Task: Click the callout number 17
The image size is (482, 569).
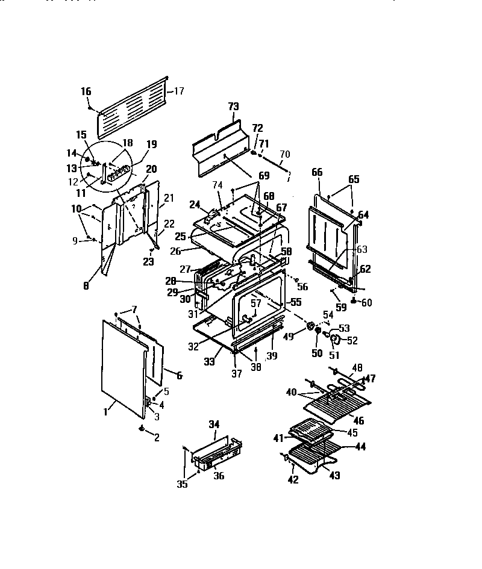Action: pyautogui.click(x=179, y=92)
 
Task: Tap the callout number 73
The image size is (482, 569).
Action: pyautogui.click(x=233, y=107)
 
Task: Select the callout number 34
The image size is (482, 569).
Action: pyautogui.click(x=213, y=425)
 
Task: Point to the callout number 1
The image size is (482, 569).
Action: pyautogui.click(x=106, y=412)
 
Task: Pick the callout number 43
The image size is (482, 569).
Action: pyautogui.click(x=334, y=475)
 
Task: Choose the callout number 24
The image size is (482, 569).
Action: pyautogui.click(x=195, y=204)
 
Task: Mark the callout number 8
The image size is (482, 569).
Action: pyautogui.click(x=86, y=286)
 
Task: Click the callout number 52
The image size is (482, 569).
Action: pyautogui.click(x=352, y=340)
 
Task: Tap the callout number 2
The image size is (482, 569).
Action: pyautogui.click(x=157, y=438)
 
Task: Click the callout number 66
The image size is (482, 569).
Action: pyautogui.click(x=318, y=172)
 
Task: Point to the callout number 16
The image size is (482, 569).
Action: pyautogui.click(x=86, y=92)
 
